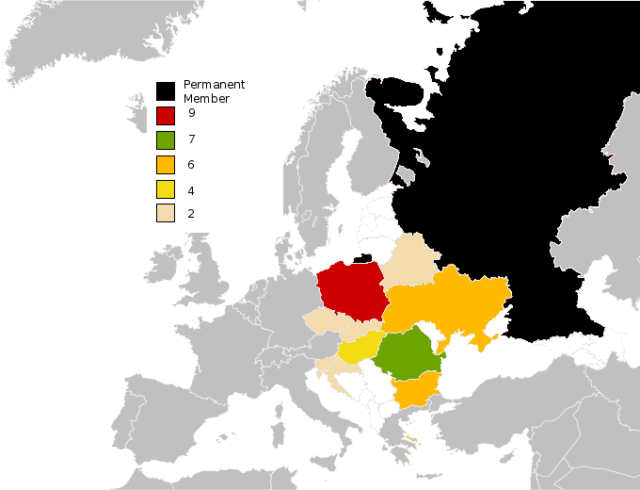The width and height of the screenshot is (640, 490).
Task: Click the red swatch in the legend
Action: [167, 116]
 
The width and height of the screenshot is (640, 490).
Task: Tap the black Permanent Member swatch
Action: [167, 90]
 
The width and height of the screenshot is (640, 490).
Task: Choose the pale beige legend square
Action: [167, 215]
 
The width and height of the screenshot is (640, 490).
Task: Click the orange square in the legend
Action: [167, 166]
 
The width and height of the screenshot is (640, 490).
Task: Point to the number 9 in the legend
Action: [191, 114]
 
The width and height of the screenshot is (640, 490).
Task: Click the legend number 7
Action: [191, 139]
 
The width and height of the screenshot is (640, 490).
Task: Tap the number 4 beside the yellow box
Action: [191, 190]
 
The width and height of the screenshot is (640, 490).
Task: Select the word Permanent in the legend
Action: [214, 85]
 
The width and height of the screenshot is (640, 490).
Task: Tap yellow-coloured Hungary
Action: [358, 349]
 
